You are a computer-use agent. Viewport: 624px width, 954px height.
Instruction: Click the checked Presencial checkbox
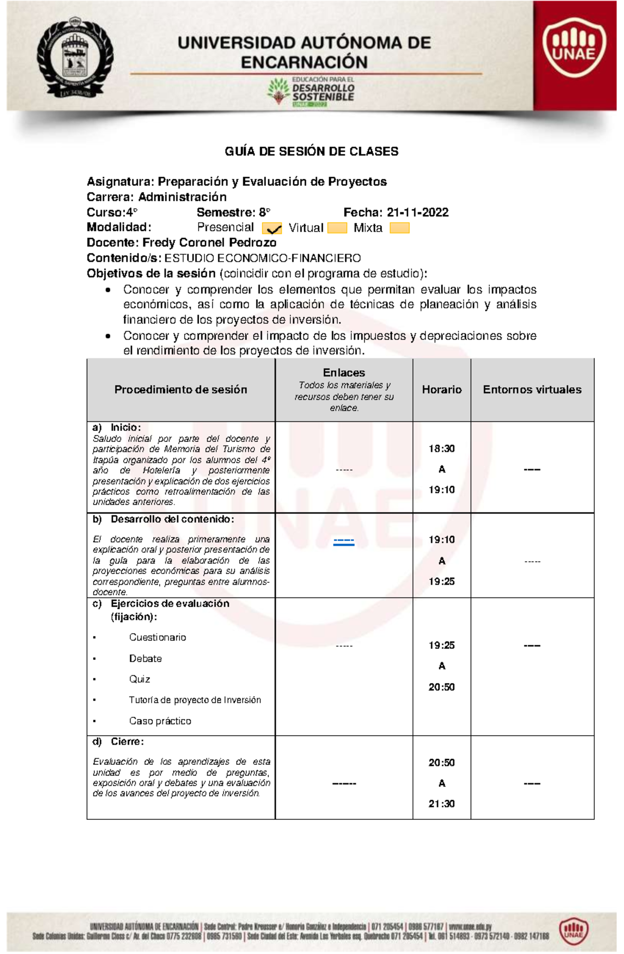(x=272, y=228)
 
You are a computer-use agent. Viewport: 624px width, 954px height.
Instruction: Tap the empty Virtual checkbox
(x=337, y=228)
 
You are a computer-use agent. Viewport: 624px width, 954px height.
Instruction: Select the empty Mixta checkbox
(x=399, y=228)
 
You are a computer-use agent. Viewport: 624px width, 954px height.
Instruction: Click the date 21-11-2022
(x=418, y=212)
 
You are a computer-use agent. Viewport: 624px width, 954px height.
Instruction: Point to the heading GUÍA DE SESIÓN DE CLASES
(x=311, y=151)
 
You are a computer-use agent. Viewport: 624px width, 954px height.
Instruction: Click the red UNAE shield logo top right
(x=574, y=49)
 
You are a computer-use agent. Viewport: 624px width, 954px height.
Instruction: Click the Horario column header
(x=441, y=389)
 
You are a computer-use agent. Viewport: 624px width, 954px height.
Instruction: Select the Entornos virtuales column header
(x=532, y=389)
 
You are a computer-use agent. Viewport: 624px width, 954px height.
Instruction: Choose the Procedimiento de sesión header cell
(x=180, y=389)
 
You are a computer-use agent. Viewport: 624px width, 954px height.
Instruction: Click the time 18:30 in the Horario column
(x=441, y=449)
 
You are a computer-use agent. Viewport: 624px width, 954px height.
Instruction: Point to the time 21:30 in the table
(x=441, y=804)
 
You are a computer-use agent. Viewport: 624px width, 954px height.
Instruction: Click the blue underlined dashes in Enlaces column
(x=344, y=542)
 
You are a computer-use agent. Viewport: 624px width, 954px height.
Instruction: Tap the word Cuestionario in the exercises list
(x=158, y=637)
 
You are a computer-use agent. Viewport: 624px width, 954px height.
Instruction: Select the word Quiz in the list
(x=139, y=679)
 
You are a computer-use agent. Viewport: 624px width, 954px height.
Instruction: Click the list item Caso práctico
(x=160, y=721)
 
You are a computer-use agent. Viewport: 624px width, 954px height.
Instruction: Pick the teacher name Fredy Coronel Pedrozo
(x=209, y=243)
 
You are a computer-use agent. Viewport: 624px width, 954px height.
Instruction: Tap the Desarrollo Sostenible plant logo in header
(x=280, y=91)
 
